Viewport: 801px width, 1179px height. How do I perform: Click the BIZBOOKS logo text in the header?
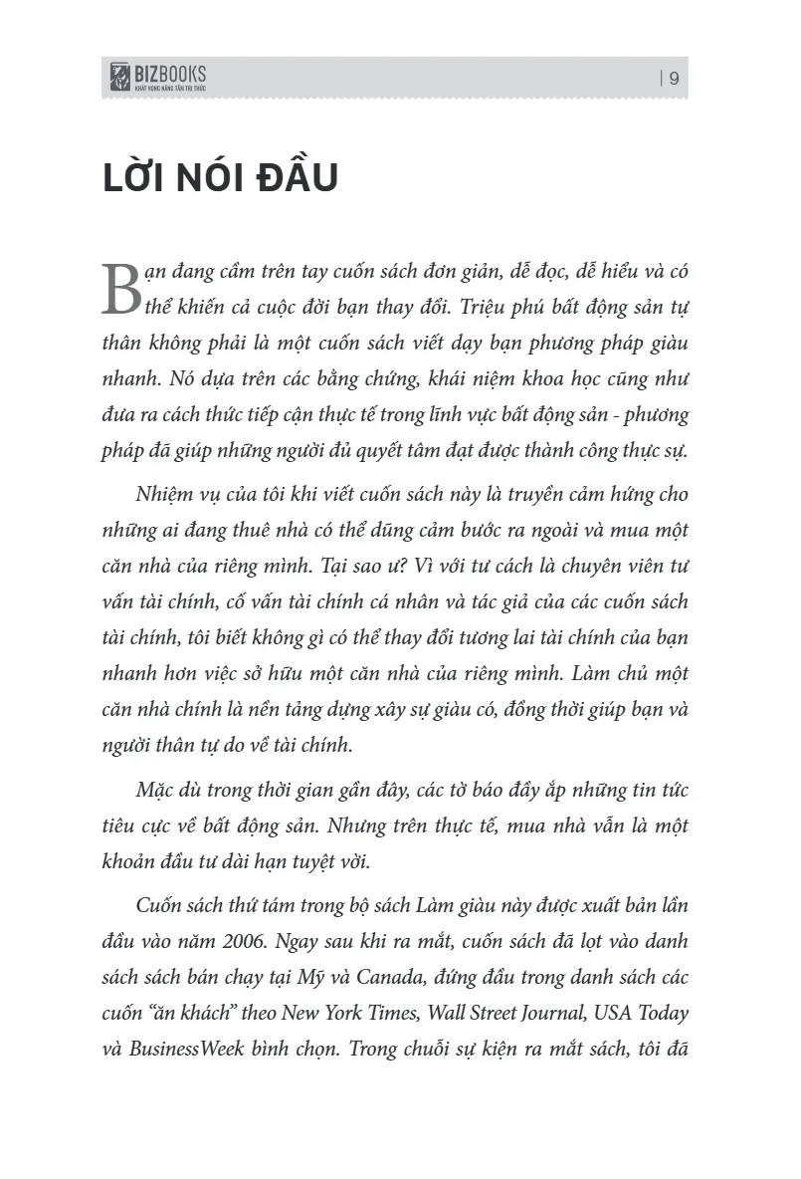click(170, 73)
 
